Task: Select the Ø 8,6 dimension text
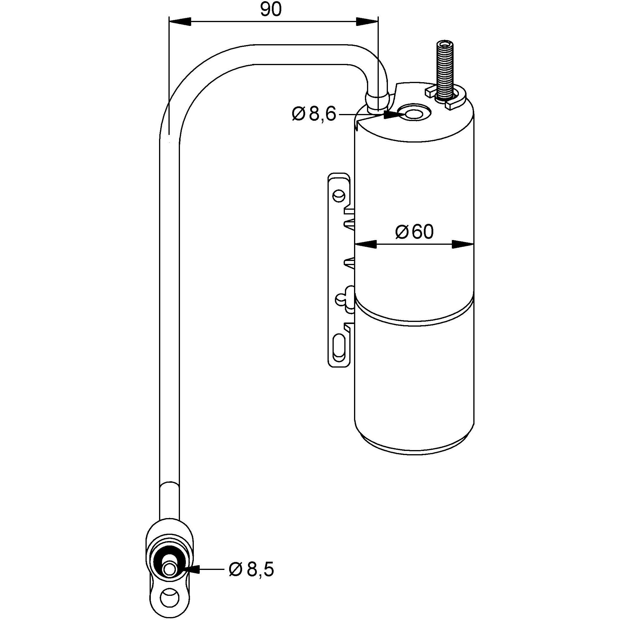click(x=314, y=114)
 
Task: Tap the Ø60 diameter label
click(x=414, y=232)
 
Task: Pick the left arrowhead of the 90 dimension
click(x=180, y=22)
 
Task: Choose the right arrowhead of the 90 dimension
click(x=368, y=22)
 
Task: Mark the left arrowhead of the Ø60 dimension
click(x=366, y=244)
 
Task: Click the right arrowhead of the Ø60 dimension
click(x=463, y=244)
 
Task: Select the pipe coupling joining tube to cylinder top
click(x=377, y=102)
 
